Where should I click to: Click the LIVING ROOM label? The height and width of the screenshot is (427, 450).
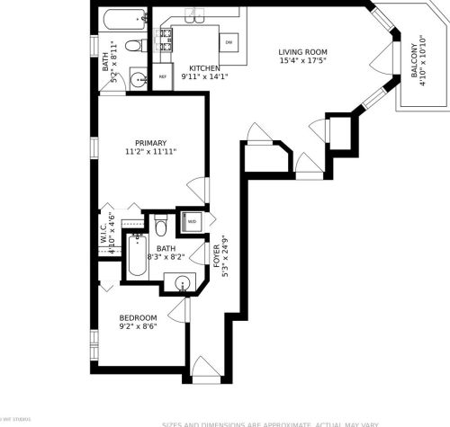301,51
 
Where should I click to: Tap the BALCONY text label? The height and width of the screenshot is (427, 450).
416,60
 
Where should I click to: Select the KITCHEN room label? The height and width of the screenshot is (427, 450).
204,68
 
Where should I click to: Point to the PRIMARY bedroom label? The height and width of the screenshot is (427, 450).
150,143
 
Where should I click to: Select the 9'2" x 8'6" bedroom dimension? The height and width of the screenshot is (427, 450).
139,327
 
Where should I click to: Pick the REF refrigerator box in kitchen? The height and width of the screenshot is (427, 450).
163,76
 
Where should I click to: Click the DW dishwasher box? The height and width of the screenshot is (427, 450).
229,42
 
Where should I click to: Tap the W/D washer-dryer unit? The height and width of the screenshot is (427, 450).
193,220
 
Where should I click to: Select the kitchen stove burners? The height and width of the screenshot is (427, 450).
166,38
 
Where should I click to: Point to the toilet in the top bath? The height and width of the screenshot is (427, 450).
133,46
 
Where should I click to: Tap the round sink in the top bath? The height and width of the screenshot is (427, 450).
138,79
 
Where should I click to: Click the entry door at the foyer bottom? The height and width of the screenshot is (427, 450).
205,368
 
